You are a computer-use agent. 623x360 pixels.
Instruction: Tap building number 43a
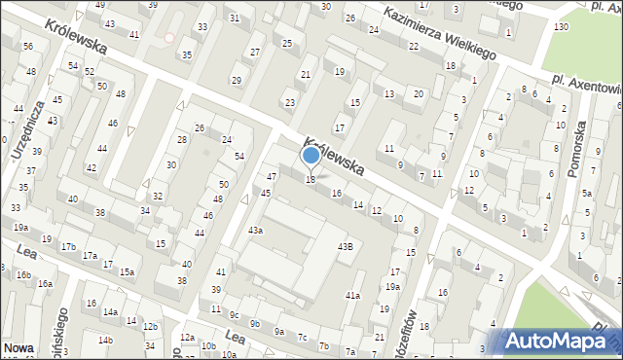[x=255, y=231]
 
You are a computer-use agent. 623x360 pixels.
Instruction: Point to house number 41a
[x=352, y=295]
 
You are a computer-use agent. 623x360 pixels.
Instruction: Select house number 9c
[x=234, y=314]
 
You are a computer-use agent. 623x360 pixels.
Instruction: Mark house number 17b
[x=68, y=247]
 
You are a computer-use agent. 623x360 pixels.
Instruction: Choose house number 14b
[x=105, y=339]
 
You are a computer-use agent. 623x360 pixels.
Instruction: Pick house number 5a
[x=587, y=193]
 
